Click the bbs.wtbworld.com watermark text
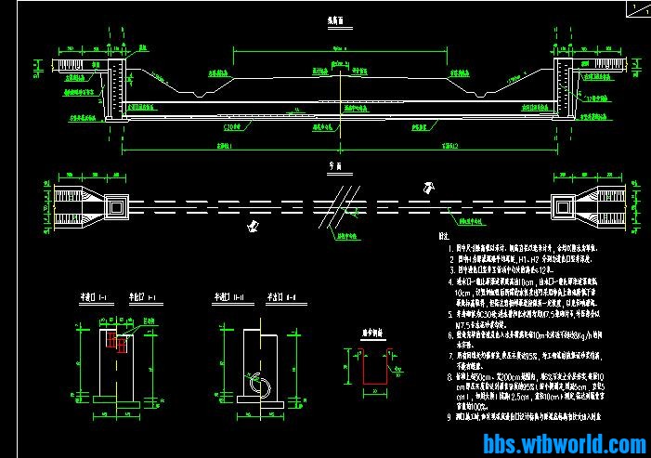[x=565, y=445]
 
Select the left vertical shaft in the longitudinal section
[x=115, y=89]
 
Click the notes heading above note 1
[x=455, y=238]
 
